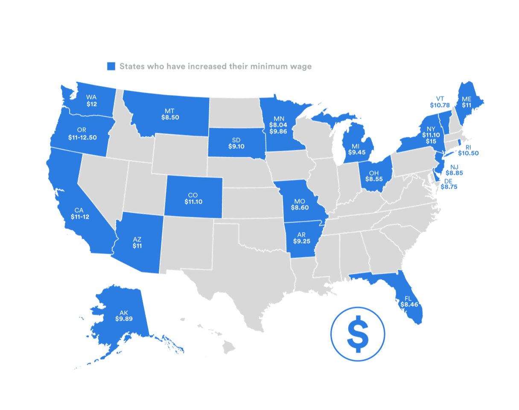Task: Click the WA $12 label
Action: click(92, 100)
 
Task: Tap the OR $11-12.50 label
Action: click(82, 134)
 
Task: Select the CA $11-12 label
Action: click(80, 214)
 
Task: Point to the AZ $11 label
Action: click(137, 242)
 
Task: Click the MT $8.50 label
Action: click(170, 114)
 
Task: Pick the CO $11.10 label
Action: click(193, 198)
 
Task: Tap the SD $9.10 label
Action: click(236, 143)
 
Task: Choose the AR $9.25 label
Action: click(301, 238)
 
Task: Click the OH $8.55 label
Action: click(373, 176)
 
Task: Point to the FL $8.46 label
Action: click(409, 302)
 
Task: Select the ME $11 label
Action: click(467, 102)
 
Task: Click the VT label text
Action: click(440, 99)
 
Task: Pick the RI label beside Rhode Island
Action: click(468, 147)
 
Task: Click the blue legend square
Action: click(111, 66)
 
